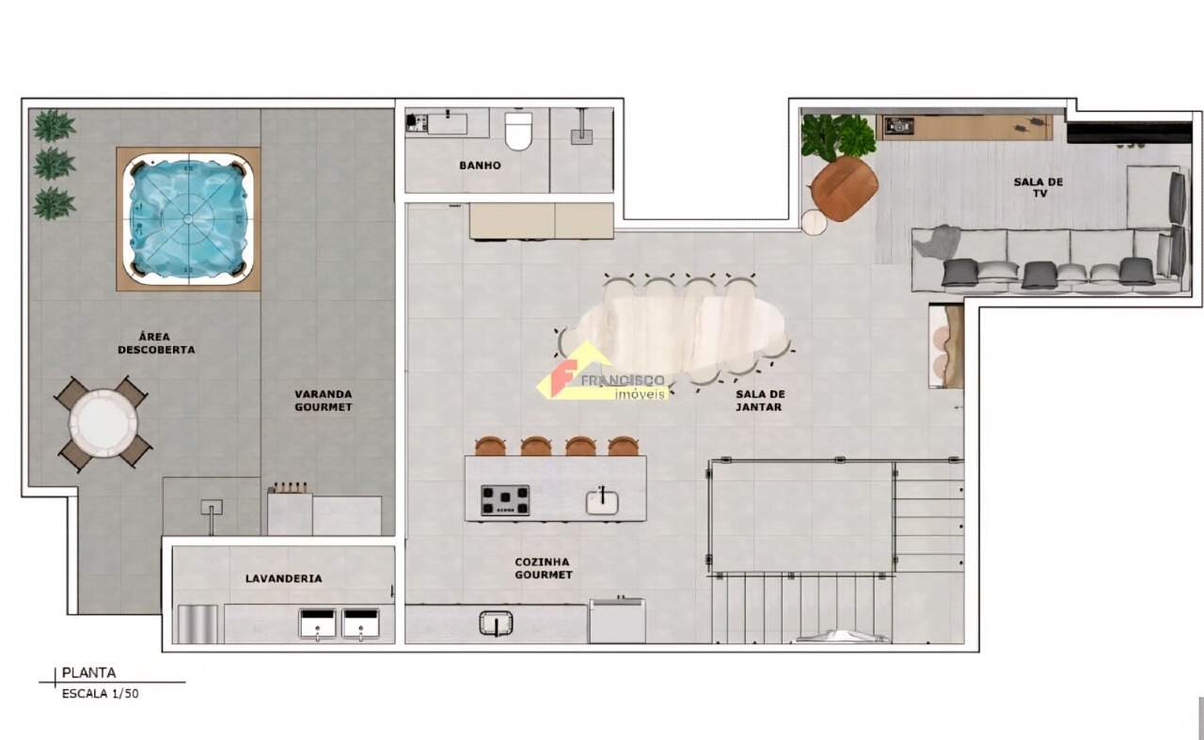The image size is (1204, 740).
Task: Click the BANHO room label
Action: [480, 165]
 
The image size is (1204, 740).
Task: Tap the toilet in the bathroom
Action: [518, 131]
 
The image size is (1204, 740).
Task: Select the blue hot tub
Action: [188, 219]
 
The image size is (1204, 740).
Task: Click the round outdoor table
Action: [103, 423]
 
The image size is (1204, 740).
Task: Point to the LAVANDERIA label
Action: [284, 579]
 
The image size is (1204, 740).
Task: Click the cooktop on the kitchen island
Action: [505, 500]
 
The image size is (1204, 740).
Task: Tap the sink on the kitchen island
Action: [602, 502]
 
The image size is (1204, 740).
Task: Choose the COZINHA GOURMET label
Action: [543, 569]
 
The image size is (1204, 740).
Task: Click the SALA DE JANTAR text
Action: [759, 401]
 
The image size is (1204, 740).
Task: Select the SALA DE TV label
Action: [1038, 187]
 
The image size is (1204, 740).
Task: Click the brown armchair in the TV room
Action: [844, 189]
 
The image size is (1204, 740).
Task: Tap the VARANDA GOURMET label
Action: [323, 401]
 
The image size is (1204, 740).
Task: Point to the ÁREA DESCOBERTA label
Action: [156, 343]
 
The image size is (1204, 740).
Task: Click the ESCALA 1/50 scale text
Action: [100, 694]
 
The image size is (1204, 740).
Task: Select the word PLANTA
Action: [88, 673]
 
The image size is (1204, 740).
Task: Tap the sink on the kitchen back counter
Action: [496, 624]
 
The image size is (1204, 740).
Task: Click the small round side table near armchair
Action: [815, 222]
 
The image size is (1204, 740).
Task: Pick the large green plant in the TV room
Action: [837, 136]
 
